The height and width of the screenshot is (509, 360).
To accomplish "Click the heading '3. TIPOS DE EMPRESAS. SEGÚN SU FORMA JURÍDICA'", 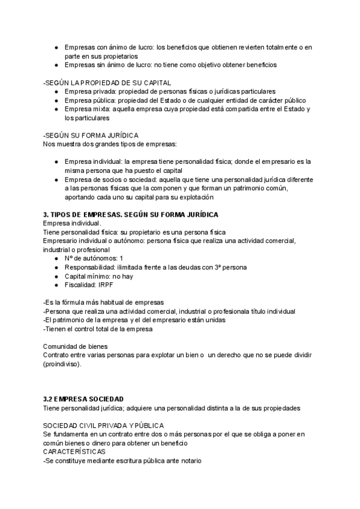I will [x=131, y=214].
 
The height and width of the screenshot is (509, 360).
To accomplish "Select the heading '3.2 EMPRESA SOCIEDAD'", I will [x=83, y=399].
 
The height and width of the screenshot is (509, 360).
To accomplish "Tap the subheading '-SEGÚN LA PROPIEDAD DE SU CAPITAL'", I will [x=107, y=82].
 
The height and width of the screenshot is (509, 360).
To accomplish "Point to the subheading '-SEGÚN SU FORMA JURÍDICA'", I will [x=91, y=136].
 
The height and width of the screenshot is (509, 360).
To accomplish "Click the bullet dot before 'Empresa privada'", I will [x=56, y=91].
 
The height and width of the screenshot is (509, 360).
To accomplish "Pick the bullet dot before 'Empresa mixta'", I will [x=56, y=109].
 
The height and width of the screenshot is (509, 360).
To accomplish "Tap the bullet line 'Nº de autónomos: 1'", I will [x=94, y=258].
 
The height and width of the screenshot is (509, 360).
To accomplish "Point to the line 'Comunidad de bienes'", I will [x=76, y=346].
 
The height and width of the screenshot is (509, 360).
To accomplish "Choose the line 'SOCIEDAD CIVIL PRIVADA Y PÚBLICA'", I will [x=99, y=425].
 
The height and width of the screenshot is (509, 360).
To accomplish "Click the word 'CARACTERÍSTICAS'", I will [x=74, y=451].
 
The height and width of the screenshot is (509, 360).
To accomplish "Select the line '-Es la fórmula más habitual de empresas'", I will [x=103, y=302].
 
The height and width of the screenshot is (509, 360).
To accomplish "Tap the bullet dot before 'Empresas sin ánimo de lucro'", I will [x=56, y=65].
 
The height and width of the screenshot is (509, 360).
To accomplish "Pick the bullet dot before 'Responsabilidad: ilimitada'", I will [x=56, y=267].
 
